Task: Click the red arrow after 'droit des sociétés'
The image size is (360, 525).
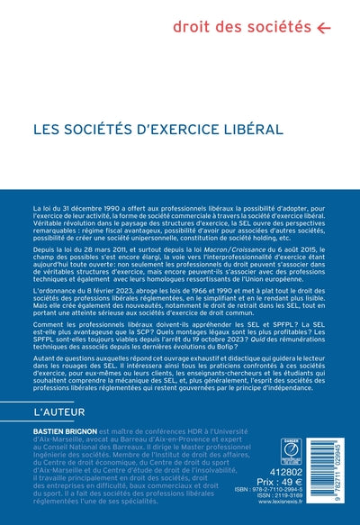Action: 324,28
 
